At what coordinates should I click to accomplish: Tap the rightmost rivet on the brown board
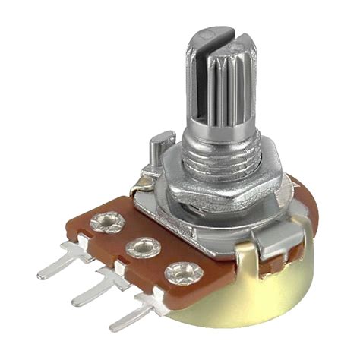[x=180, y=270]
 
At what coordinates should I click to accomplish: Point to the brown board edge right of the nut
[x=300, y=201]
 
